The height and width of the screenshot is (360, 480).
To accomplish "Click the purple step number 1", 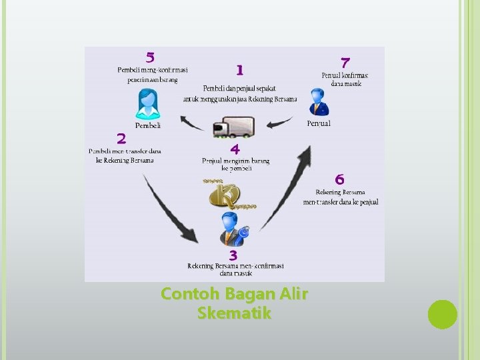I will click(x=239, y=69).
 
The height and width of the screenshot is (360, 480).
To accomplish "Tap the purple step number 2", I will click(x=121, y=139).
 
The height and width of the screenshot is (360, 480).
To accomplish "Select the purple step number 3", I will click(x=233, y=255).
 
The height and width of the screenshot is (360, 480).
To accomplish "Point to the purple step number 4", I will click(x=235, y=149).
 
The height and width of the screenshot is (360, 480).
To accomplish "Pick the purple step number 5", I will click(x=151, y=58).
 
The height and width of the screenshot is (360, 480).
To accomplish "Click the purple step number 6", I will click(x=340, y=179).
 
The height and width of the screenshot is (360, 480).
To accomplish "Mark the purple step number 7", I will click(x=345, y=63).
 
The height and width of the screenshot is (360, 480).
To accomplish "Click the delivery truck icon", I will click(x=234, y=127).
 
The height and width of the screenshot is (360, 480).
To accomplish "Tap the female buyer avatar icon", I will click(x=147, y=104).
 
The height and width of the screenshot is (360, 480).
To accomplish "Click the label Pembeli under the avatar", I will click(x=147, y=125).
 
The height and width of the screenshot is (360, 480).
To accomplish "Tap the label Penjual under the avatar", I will click(x=319, y=123).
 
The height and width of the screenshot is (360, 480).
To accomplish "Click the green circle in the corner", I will click(x=442, y=314).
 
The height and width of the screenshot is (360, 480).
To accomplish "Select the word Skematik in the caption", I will click(x=234, y=313).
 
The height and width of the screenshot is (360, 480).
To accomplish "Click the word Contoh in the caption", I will click(x=186, y=293).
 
